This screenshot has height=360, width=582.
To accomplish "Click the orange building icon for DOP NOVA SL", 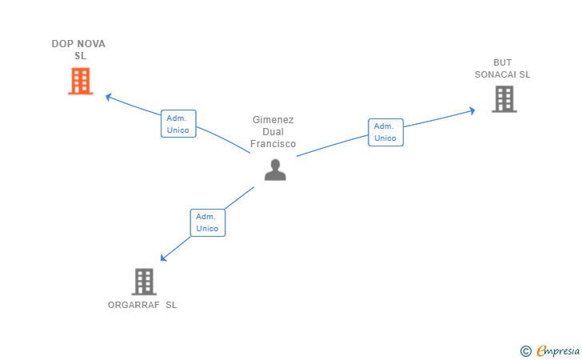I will (x=80, y=81).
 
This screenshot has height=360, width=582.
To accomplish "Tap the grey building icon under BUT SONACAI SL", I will (x=504, y=98).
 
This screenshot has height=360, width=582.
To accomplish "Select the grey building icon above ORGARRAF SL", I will (x=143, y=281).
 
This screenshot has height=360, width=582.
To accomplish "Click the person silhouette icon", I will (x=275, y=170).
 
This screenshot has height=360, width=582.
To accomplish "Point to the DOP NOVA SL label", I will (x=79, y=50).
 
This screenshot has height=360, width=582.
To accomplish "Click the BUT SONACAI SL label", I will (x=502, y=69).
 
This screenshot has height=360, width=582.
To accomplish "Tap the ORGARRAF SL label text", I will (x=142, y=305).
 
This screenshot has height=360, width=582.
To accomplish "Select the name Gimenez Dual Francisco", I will (x=273, y=132).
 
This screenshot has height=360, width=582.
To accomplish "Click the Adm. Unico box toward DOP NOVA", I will (x=178, y=124).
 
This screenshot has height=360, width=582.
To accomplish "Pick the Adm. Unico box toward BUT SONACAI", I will (x=385, y=132).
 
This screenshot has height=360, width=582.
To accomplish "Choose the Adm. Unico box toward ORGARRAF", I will (x=207, y=222).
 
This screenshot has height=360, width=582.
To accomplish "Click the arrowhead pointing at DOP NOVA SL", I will (x=109, y=98).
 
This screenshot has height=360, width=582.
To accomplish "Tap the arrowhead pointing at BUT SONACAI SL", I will (x=472, y=110).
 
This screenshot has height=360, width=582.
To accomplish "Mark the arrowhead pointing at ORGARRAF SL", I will (x=163, y=258).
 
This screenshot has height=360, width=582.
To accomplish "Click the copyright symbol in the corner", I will (x=525, y=350).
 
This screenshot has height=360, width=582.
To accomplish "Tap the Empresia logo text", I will (x=556, y=350).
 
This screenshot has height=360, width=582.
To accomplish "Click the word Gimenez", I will (x=273, y=120).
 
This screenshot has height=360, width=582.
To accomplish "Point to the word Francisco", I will (x=273, y=144).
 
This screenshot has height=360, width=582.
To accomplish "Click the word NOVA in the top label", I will (x=92, y=44).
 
